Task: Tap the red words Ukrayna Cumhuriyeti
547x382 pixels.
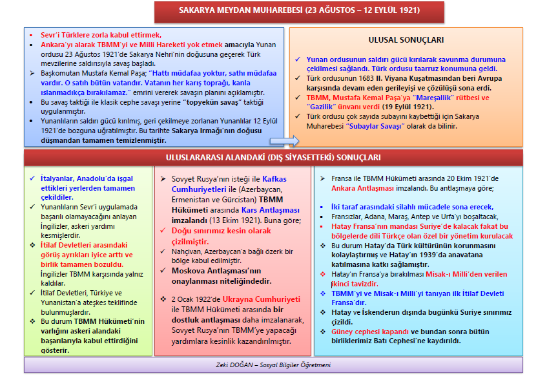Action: [x=261, y=299]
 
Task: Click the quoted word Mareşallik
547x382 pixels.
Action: [x=453, y=98]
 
